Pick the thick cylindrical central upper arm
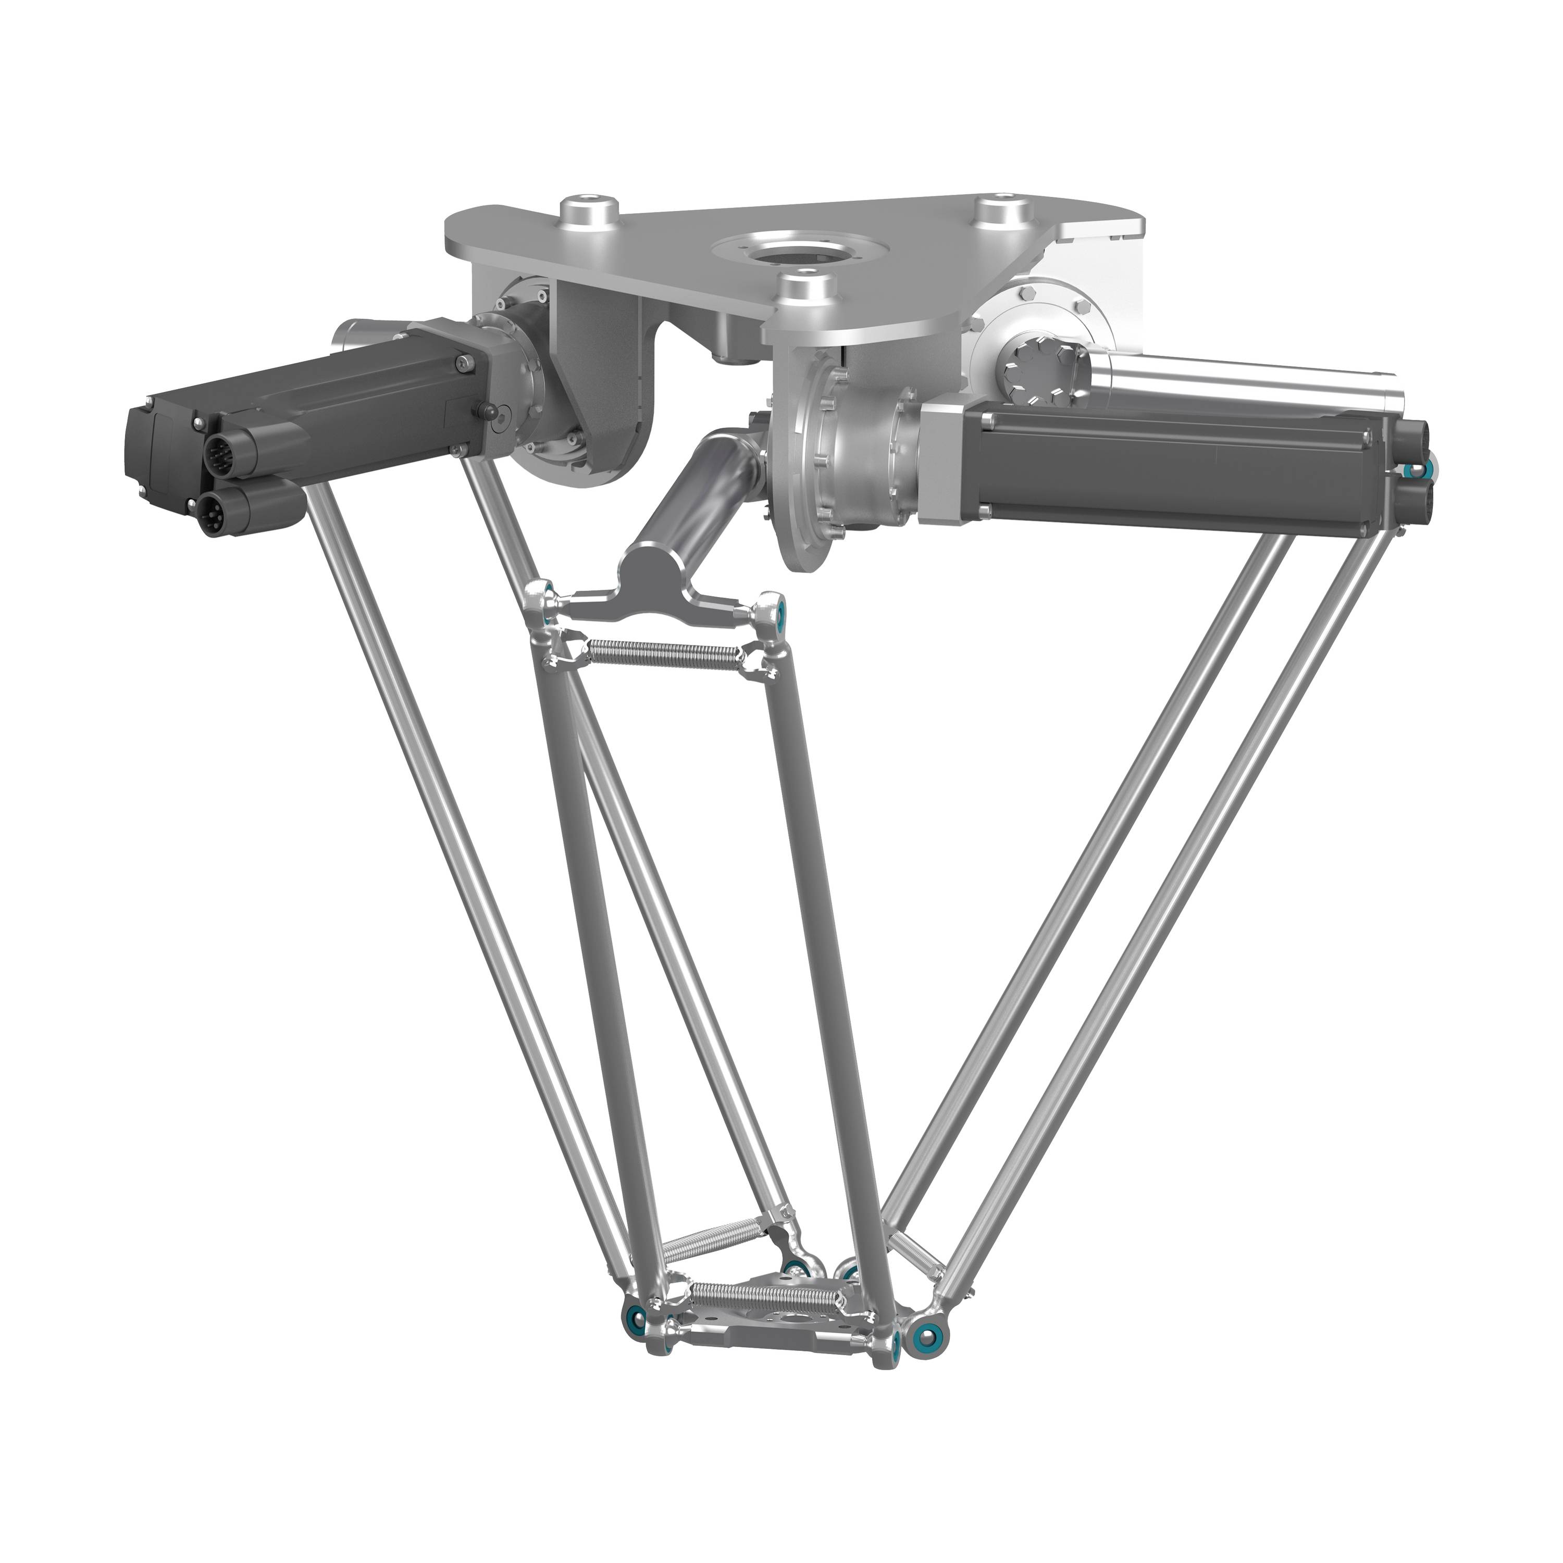click(x=696, y=493)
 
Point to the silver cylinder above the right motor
click(x=1238, y=380)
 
